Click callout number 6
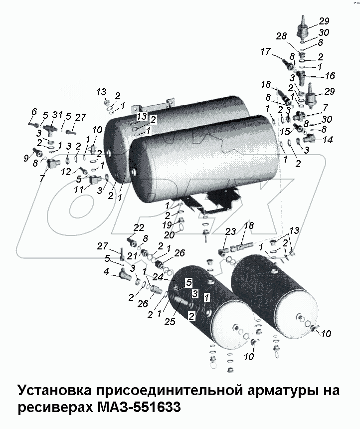point(34,111)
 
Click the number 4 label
point(105,272)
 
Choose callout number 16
point(330,76)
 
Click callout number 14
point(327,140)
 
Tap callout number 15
point(284,132)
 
